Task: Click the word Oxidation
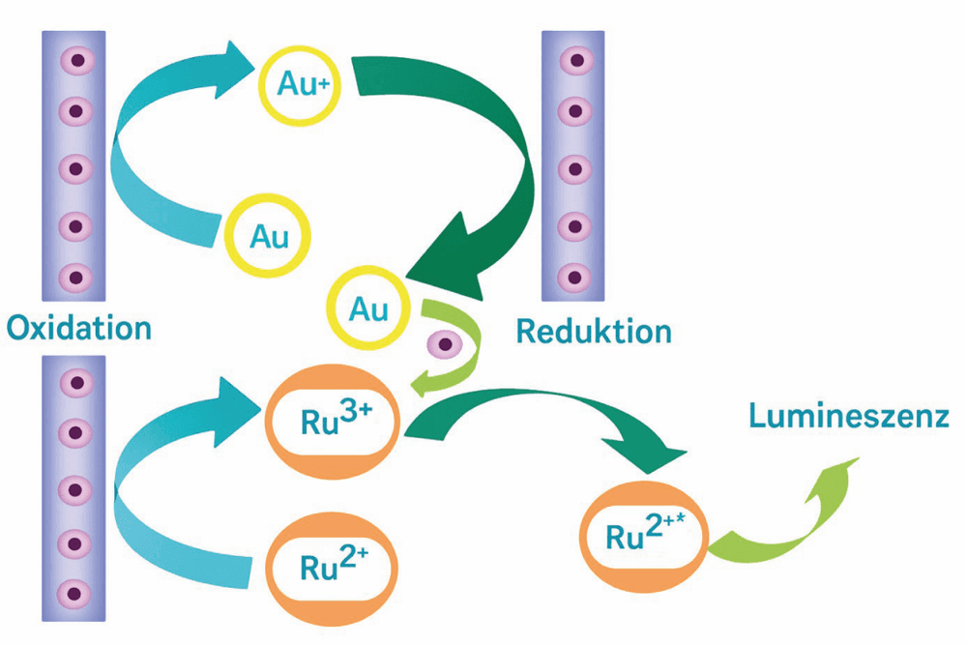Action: pos(79,328)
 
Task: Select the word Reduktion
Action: pos(594,331)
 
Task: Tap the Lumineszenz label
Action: pos(849,416)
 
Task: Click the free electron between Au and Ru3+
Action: pos(445,343)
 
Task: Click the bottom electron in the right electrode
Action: pos(574,277)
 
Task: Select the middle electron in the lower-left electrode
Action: pos(75,490)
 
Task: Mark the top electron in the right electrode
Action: pos(576,60)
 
